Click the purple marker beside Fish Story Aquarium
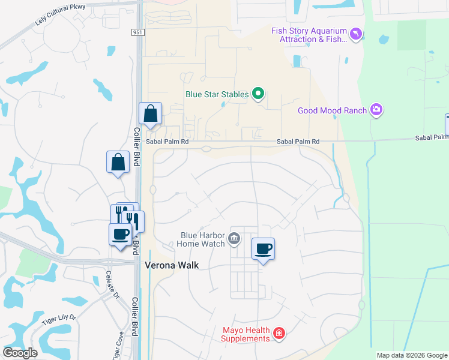(x=357, y=34)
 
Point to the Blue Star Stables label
(x=217, y=94)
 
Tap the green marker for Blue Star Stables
(x=258, y=94)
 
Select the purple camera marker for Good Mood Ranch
(x=376, y=110)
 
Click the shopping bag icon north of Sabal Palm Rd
(x=150, y=113)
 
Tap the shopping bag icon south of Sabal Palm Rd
(x=118, y=161)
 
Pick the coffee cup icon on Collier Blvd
(x=120, y=234)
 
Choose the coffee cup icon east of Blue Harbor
(x=263, y=248)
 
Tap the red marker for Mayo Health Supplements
(x=279, y=334)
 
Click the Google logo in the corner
(x=20, y=352)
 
